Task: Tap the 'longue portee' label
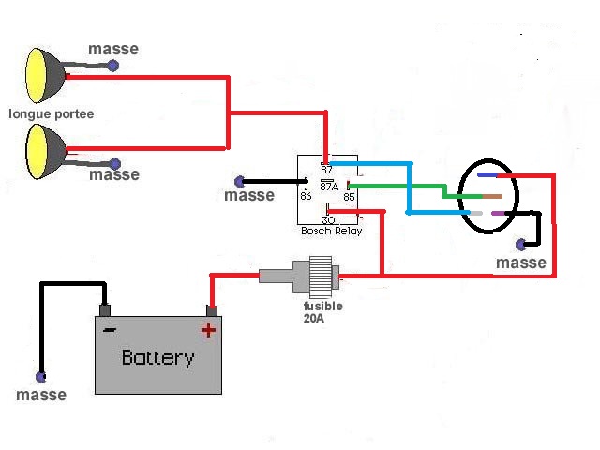pos(52,114)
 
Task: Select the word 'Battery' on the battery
pos(157,357)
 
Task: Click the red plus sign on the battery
pos(208,329)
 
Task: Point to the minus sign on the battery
pos(110,329)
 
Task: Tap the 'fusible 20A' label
pos(322,312)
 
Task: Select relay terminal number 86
pos(306,196)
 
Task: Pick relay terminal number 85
pos(348,196)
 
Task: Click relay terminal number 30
pos(328,219)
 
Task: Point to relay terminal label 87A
pos(329,185)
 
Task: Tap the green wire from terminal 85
pos(403,184)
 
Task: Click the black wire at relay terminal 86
pos(272,181)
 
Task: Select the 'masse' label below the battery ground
pos(41,396)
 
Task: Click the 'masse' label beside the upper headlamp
pos(112,49)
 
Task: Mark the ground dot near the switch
pos(521,245)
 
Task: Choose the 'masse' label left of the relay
pos(249,196)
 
